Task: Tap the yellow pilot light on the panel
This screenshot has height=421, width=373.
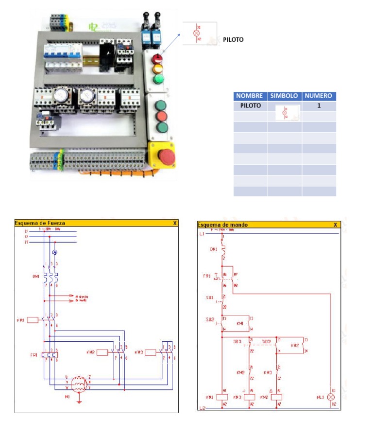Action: point(157,69)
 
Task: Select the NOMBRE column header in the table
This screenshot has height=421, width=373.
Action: point(250,96)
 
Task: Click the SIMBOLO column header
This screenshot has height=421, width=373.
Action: point(285,96)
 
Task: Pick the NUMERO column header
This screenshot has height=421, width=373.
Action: point(319,96)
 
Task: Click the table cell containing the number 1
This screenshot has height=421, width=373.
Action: point(319,105)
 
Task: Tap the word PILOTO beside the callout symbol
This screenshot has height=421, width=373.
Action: point(233,40)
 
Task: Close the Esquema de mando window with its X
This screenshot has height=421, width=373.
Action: point(335,225)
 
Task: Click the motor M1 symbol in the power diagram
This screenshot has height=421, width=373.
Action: point(78,384)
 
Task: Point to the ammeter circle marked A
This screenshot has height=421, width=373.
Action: point(55,253)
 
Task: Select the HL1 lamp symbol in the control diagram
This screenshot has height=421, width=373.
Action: point(332,397)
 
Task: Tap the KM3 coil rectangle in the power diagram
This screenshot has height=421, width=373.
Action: point(152,351)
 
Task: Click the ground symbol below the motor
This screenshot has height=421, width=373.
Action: point(78,401)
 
